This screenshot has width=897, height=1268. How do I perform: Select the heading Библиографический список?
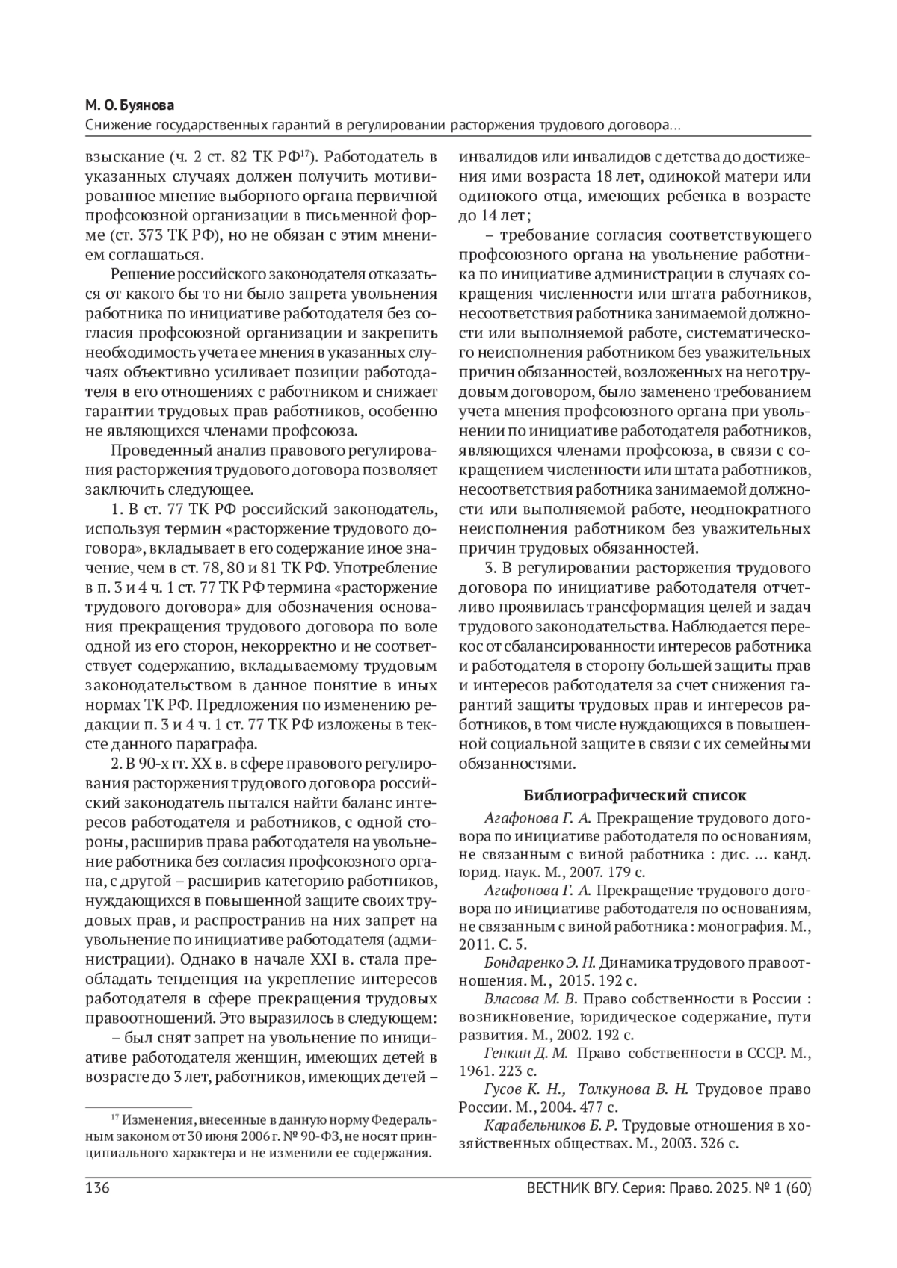635,794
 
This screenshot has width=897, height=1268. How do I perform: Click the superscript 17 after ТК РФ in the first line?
305,154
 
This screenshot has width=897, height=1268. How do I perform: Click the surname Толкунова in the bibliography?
610,1089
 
